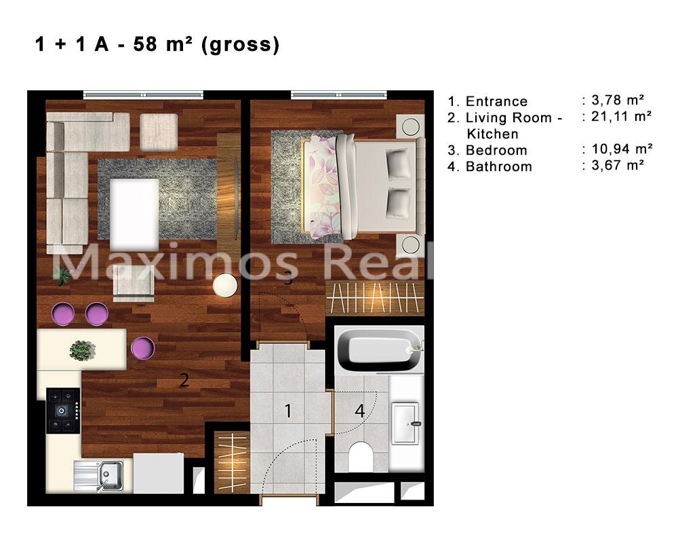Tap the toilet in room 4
coord(361,456)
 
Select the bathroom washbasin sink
coord(405,424)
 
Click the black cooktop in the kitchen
coord(63,411)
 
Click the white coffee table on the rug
coord(134,214)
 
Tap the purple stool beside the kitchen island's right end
coord(142,348)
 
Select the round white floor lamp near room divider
coord(225,286)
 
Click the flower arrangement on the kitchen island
coord(83,350)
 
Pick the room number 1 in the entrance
coord(288,411)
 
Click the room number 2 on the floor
coord(184,380)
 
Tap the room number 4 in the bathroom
coord(360,411)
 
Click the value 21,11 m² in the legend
coord(621,116)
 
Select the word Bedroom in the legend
coord(496,150)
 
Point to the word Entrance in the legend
coord(496,101)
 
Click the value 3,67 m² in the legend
coord(618,165)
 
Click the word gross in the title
coord(241,44)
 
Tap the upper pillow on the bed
coord(398,163)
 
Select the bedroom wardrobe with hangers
coord(374,297)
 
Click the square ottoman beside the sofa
coord(159,132)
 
